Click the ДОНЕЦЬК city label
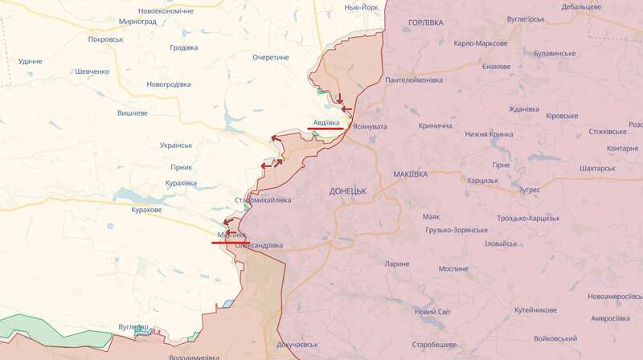click(347, 191)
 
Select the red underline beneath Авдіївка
click(325, 129)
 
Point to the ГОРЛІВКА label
click(425, 22)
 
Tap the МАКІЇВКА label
click(411, 174)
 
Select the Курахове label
click(146, 210)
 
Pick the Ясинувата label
click(370, 126)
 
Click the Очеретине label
click(271, 58)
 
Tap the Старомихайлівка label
click(263, 200)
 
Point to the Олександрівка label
click(259, 245)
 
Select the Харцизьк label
click(480, 180)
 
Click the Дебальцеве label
click(582, 6)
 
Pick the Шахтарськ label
click(597, 169)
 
